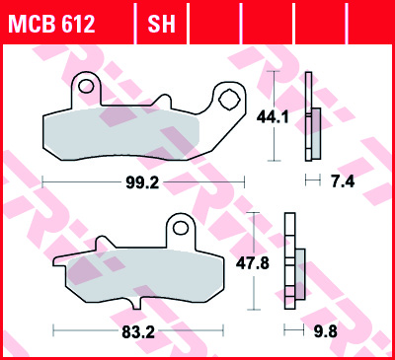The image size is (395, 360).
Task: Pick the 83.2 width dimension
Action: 137,332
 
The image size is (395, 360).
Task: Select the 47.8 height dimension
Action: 275,263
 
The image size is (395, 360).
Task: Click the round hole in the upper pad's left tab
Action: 87,88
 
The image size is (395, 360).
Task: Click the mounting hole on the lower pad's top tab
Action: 180,226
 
